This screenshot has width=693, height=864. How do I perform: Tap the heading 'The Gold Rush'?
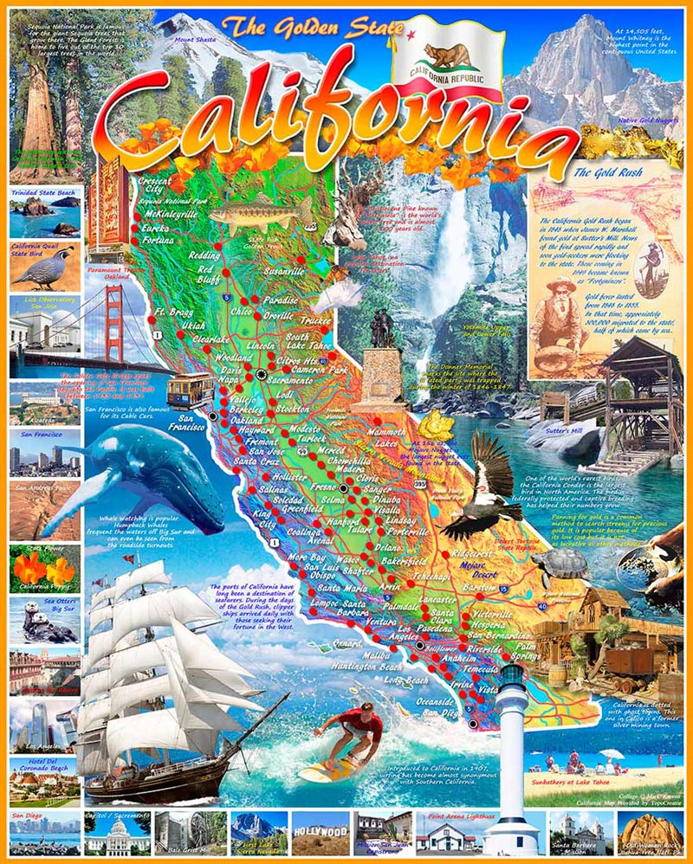point(607,172)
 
